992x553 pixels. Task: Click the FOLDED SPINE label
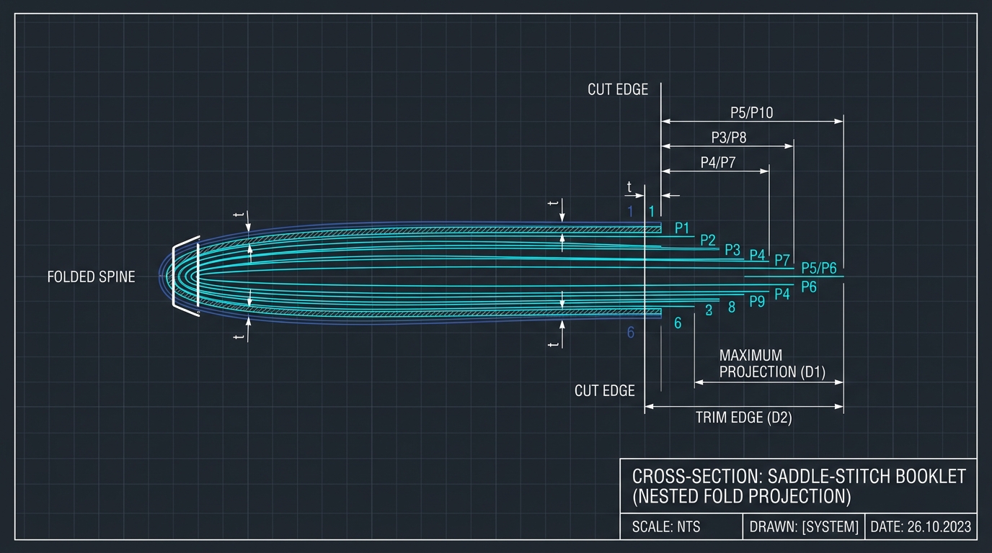[x=92, y=277]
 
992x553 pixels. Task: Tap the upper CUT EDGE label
[x=618, y=89]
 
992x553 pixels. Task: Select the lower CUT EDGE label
[x=604, y=391]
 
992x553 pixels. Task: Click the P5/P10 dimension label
[x=751, y=113]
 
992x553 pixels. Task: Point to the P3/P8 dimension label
[x=729, y=138]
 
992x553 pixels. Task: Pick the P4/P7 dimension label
[x=718, y=163]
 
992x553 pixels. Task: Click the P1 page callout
[x=682, y=228]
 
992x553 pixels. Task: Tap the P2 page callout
[x=708, y=240]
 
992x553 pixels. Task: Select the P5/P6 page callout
[x=819, y=268]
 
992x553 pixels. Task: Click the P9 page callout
[x=757, y=301]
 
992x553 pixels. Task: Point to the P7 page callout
[x=782, y=260]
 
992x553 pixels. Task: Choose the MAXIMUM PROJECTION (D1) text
[x=772, y=364]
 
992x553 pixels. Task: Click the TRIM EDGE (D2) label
[x=744, y=418]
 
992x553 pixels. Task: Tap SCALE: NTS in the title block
[x=666, y=527]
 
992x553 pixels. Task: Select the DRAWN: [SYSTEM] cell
[x=804, y=527]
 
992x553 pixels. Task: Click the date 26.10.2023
[x=939, y=527]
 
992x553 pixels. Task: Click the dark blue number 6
[x=631, y=332]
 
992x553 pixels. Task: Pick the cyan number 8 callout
[x=732, y=307]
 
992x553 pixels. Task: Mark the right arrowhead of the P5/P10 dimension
[x=838, y=121]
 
